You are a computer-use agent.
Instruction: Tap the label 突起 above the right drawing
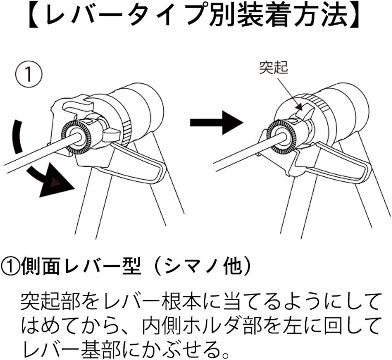[x=273, y=67]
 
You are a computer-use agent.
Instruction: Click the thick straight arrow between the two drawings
[x=216, y=122]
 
